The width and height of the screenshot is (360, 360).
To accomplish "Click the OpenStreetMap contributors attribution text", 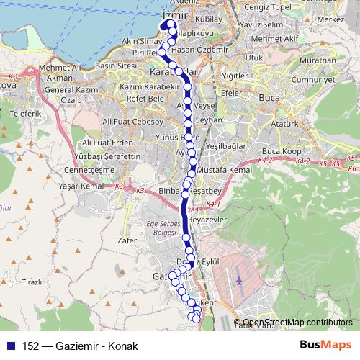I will [297, 323].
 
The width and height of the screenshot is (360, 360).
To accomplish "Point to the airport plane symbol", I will [238, 279].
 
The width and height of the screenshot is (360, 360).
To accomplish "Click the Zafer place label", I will [125, 240].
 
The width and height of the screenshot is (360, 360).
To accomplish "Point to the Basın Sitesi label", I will [116, 66].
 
